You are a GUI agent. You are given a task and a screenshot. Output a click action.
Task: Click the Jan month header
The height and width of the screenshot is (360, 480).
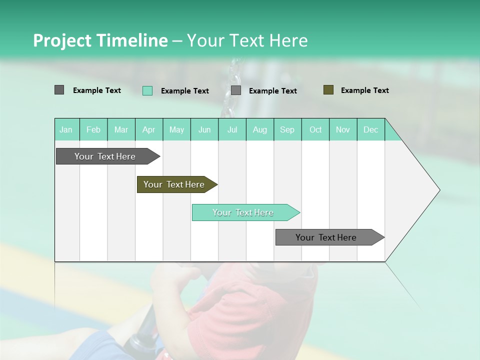pos(66,129)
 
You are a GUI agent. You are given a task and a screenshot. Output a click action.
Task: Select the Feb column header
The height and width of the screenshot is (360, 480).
pos(93,129)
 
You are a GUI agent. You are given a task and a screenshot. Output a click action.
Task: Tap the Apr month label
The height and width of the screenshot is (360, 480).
pos(148,129)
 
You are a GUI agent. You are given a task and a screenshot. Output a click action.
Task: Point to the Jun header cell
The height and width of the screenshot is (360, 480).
pos(204,129)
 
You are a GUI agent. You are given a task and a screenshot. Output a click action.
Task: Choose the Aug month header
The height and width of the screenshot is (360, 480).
pos(259,129)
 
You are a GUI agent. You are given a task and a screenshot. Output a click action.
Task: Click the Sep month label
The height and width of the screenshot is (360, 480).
pos(287,129)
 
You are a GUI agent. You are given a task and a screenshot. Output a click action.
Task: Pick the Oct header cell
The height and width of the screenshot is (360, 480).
pos(315,129)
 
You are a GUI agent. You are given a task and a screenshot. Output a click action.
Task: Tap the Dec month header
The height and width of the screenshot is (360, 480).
pos(370,129)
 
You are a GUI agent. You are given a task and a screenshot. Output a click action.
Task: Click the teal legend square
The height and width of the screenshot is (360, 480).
pos(147,90)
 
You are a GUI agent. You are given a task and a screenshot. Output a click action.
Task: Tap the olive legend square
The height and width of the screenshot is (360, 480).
pos(328,90)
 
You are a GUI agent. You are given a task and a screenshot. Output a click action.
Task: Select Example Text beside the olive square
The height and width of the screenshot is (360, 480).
pos(364,90)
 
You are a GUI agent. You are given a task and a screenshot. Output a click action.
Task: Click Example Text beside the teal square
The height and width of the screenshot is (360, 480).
pos(184,91)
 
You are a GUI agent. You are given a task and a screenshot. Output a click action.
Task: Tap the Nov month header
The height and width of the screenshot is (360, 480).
pos(342,129)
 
